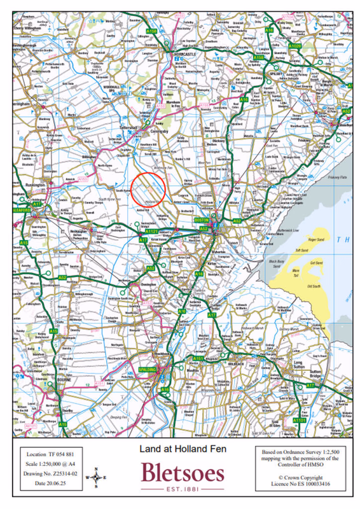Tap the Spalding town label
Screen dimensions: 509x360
[148, 370]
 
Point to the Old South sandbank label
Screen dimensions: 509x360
[314, 286]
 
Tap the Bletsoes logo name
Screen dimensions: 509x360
[183, 474]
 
